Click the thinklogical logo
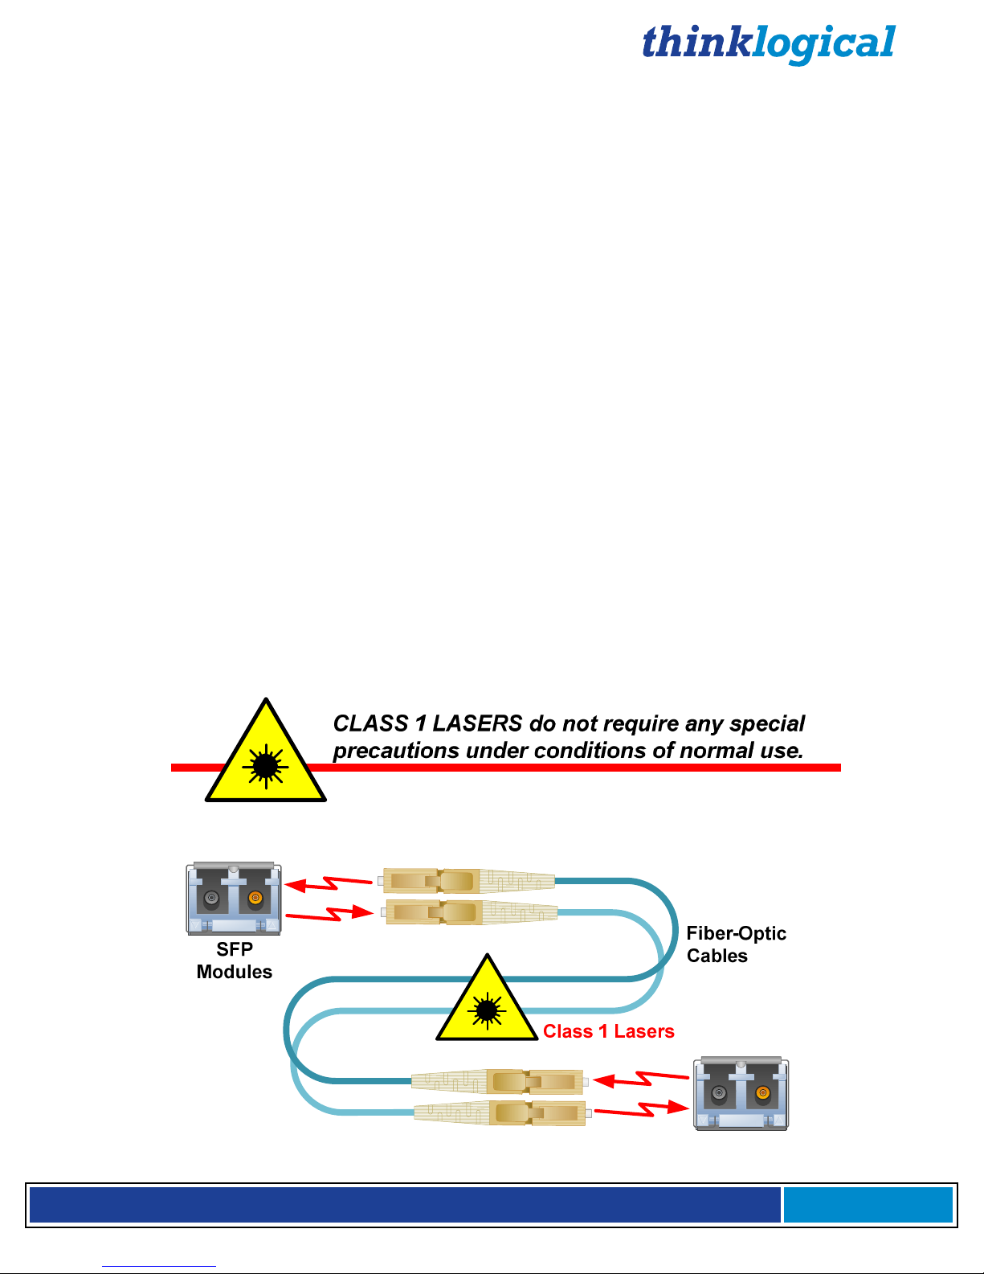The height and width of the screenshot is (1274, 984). pyautogui.click(x=769, y=43)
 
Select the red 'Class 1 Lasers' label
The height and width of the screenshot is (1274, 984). pyautogui.click(x=608, y=1031)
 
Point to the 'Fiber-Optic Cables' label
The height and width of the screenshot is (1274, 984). pyautogui.click(x=736, y=944)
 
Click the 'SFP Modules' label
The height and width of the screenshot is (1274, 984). pyautogui.click(x=235, y=961)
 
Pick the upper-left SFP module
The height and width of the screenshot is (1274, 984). pyautogui.click(x=234, y=898)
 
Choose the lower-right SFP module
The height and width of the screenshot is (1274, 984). pyautogui.click(x=741, y=1093)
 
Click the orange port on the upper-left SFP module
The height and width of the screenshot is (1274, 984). pyautogui.click(x=255, y=898)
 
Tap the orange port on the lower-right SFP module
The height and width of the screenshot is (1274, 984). pyautogui.click(x=762, y=1093)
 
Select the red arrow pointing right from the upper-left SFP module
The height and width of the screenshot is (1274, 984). pyautogui.click(x=330, y=914)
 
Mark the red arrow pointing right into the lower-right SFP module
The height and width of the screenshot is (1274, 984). pyautogui.click(x=642, y=1110)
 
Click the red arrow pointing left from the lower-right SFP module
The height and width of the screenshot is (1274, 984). pyautogui.click(x=640, y=1079)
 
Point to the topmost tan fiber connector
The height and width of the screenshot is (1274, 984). pyautogui.click(x=468, y=881)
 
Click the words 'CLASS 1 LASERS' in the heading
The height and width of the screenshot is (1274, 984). pyautogui.click(x=427, y=723)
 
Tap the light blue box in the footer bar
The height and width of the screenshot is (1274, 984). pyautogui.click(x=868, y=1205)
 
